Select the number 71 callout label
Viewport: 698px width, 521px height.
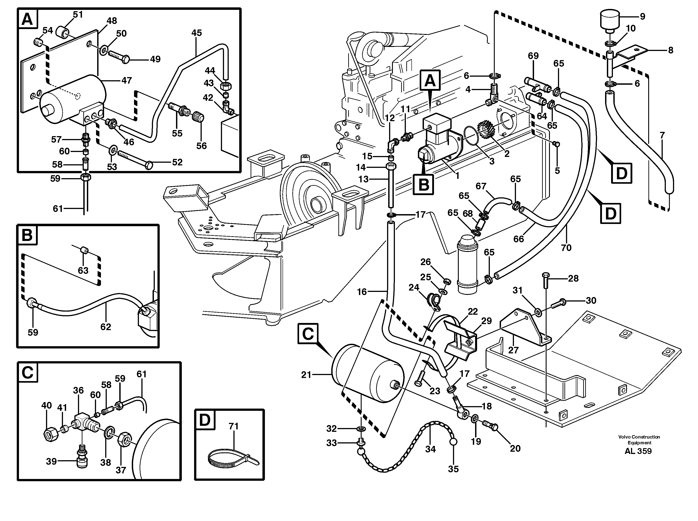233,426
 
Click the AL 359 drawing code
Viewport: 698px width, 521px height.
638,451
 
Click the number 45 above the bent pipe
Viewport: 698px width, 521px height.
196,33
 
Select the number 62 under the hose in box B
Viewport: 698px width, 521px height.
106,327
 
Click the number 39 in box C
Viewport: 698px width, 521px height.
51,461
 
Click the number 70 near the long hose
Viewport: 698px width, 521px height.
566,248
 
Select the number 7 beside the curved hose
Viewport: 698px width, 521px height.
662,135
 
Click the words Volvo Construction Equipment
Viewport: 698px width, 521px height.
639,440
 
